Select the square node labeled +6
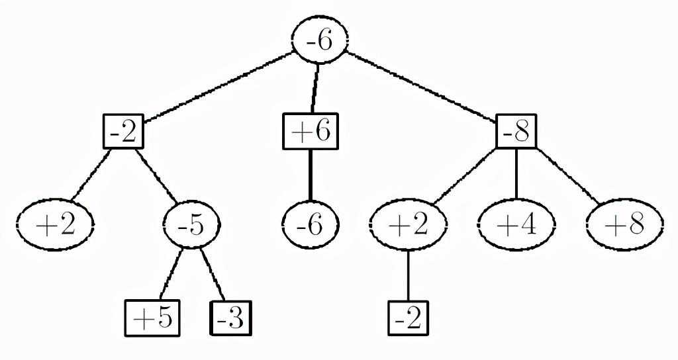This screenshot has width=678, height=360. (310, 132)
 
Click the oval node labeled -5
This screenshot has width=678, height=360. (191, 226)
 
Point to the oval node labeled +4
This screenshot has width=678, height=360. (517, 225)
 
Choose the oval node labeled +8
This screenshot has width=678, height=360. (624, 225)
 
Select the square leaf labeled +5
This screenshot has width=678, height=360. (153, 318)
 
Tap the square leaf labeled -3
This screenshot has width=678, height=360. (231, 318)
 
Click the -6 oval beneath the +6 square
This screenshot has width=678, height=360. (310, 225)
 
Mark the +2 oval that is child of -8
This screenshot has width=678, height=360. (408, 225)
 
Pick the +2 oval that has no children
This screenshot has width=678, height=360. (55, 226)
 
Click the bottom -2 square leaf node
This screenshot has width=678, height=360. (408, 318)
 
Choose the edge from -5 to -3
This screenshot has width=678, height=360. (213, 274)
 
